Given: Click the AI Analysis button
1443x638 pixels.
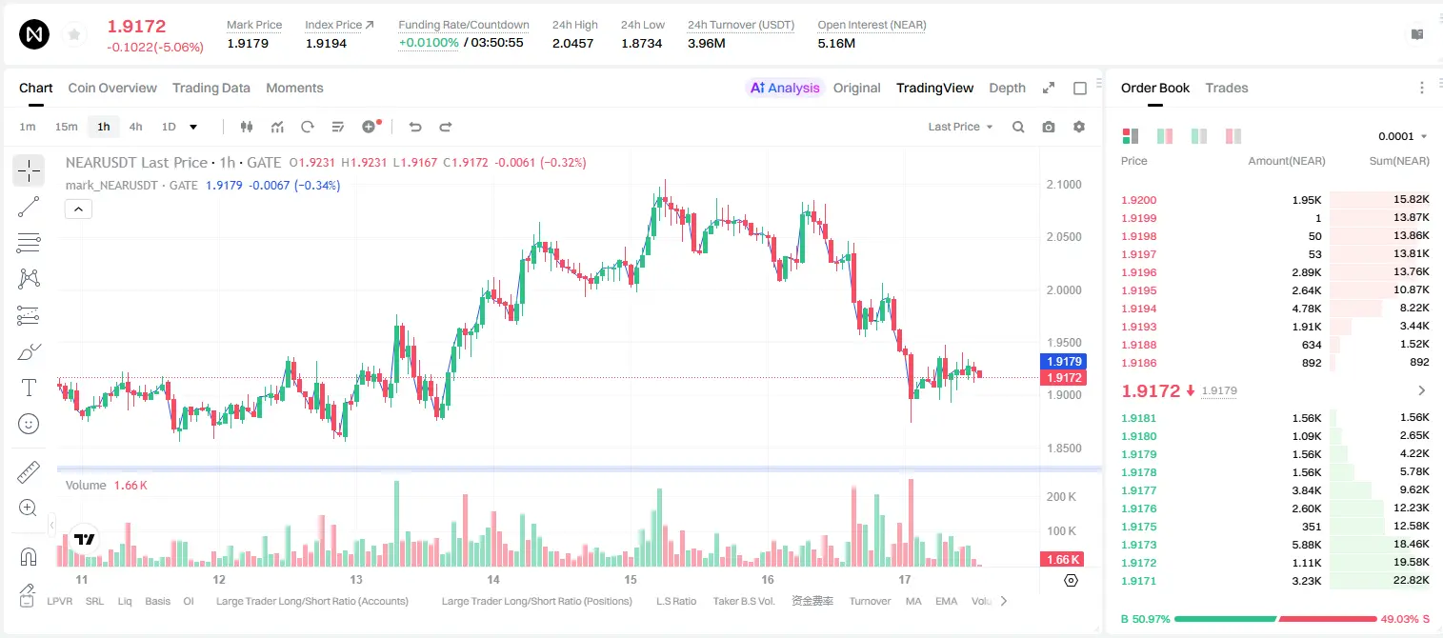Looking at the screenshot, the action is click(x=784, y=88).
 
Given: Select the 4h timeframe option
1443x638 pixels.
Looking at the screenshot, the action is click(x=135, y=127).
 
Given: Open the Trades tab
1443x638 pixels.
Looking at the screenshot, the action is click(x=1227, y=88).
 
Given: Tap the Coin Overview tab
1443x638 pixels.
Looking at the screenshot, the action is click(x=112, y=88).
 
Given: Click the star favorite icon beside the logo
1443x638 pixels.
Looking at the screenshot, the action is click(x=74, y=34).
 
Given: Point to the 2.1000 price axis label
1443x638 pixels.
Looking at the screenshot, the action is click(x=1064, y=184).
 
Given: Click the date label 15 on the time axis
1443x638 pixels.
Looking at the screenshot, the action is click(x=630, y=579).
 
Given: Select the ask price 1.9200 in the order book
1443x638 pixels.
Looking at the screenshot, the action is click(x=1138, y=200).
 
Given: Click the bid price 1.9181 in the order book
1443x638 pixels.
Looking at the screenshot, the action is click(x=1138, y=418).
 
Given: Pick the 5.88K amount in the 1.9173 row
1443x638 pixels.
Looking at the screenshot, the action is click(x=1307, y=545).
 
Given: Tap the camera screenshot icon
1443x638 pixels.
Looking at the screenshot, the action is click(x=1049, y=127).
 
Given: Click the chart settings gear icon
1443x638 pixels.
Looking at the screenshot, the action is click(x=1079, y=127).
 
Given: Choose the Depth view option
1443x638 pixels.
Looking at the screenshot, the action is click(x=1007, y=88).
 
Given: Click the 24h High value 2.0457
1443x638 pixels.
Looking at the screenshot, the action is click(x=572, y=43).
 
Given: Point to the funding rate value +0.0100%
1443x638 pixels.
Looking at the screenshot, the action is click(x=429, y=43).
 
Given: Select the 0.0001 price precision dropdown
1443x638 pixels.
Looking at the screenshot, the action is click(x=1402, y=136).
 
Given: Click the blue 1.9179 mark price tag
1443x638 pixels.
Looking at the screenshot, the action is click(x=1064, y=361).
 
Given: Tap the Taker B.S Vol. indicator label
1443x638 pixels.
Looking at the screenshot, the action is click(x=743, y=601).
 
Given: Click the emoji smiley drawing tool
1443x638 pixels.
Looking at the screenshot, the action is click(x=29, y=424).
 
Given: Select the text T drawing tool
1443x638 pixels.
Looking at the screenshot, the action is click(x=29, y=388).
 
